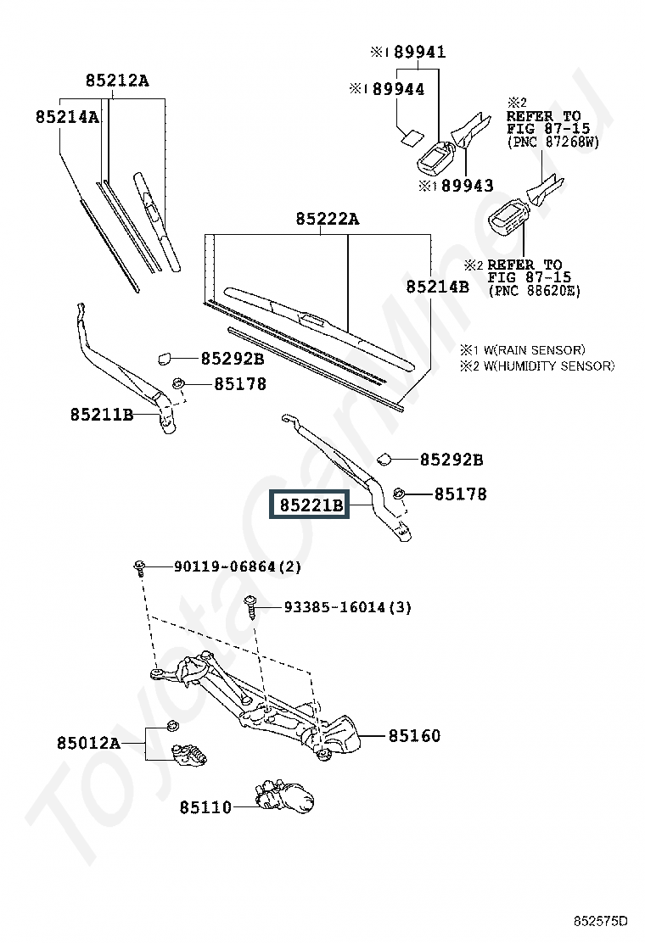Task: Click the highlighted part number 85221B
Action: (x=311, y=505)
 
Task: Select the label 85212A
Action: (x=117, y=81)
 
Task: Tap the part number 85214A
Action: (x=67, y=117)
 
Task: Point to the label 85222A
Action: (x=328, y=219)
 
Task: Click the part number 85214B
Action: (x=437, y=287)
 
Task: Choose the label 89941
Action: (x=420, y=53)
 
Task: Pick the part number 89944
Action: (x=398, y=90)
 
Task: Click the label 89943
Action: (x=467, y=186)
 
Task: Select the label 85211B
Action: (x=102, y=415)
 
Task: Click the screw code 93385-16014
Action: (x=334, y=607)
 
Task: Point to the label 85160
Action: (x=414, y=735)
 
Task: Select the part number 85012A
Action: (x=88, y=744)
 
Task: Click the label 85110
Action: (x=205, y=807)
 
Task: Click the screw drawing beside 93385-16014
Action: (x=251, y=607)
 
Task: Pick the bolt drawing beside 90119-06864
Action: (x=139, y=567)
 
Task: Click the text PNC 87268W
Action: (x=553, y=142)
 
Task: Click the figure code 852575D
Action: (x=600, y=921)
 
